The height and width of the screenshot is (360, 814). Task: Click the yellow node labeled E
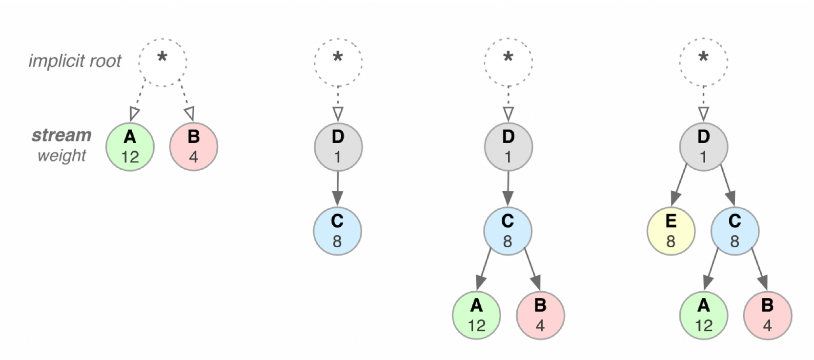[671, 231]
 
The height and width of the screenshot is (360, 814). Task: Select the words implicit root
[75, 61]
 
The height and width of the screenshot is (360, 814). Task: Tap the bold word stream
[61, 135]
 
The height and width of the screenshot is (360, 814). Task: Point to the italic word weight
[61, 156]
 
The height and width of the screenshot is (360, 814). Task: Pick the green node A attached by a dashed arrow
[130, 146]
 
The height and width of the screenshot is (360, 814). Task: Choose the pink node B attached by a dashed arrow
[193, 146]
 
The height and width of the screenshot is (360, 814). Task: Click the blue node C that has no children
[337, 231]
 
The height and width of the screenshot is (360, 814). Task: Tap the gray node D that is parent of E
[703, 146]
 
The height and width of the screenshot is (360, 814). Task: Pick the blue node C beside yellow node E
[734, 231]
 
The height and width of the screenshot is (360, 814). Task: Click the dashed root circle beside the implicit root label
[163, 62]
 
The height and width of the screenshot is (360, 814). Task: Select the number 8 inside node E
[671, 241]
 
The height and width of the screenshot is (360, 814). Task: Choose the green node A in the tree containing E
[703, 315]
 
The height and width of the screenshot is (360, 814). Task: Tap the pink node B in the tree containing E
[767, 315]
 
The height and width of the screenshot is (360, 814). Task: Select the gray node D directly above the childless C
[338, 146]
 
